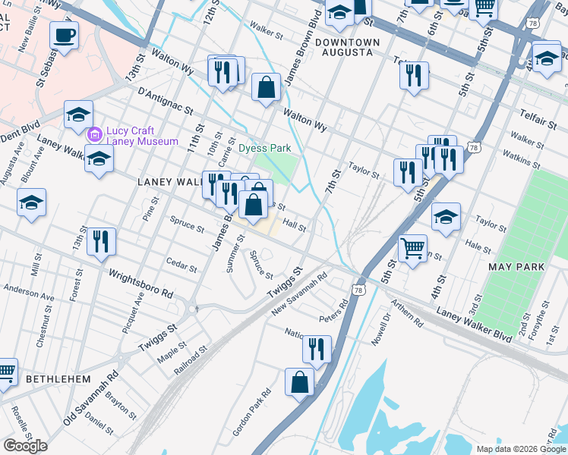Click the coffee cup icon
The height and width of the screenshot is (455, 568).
pyautogui.click(x=64, y=34)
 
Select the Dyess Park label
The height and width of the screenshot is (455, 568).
pyautogui.click(x=265, y=148)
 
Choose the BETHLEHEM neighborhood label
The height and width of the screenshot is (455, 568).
pyautogui.click(x=58, y=378)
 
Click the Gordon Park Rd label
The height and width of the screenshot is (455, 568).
pyautogui.click(x=252, y=413)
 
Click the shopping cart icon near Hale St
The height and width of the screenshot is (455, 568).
pyautogui.click(x=412, y=247)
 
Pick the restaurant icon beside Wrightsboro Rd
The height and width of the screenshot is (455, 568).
pyautogui.click(x=101, y=241)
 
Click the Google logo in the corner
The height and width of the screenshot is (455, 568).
pyautogui.click(x=25, y=446)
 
